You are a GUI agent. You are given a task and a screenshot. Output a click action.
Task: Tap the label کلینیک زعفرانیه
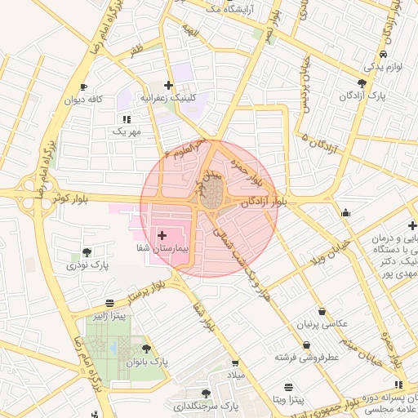pyautogui.click(x=168, y=97)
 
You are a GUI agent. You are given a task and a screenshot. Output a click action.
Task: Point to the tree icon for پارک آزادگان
pyautogui.click(x=362, y=83)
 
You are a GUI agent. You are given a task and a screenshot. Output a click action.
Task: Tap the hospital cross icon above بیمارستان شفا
pyautogui.click(x=161, y=234)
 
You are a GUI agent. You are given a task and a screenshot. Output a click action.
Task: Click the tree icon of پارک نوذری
pyautogui.click(x=87, y=252)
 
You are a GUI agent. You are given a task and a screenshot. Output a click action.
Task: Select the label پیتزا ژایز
pyautogui.click(x=109, y=316)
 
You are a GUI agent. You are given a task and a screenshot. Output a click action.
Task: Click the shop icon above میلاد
pyautogui.click(x=235, y=363)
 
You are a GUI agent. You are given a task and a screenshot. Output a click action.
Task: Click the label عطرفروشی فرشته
pyautogui.click(x=306, y=358)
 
